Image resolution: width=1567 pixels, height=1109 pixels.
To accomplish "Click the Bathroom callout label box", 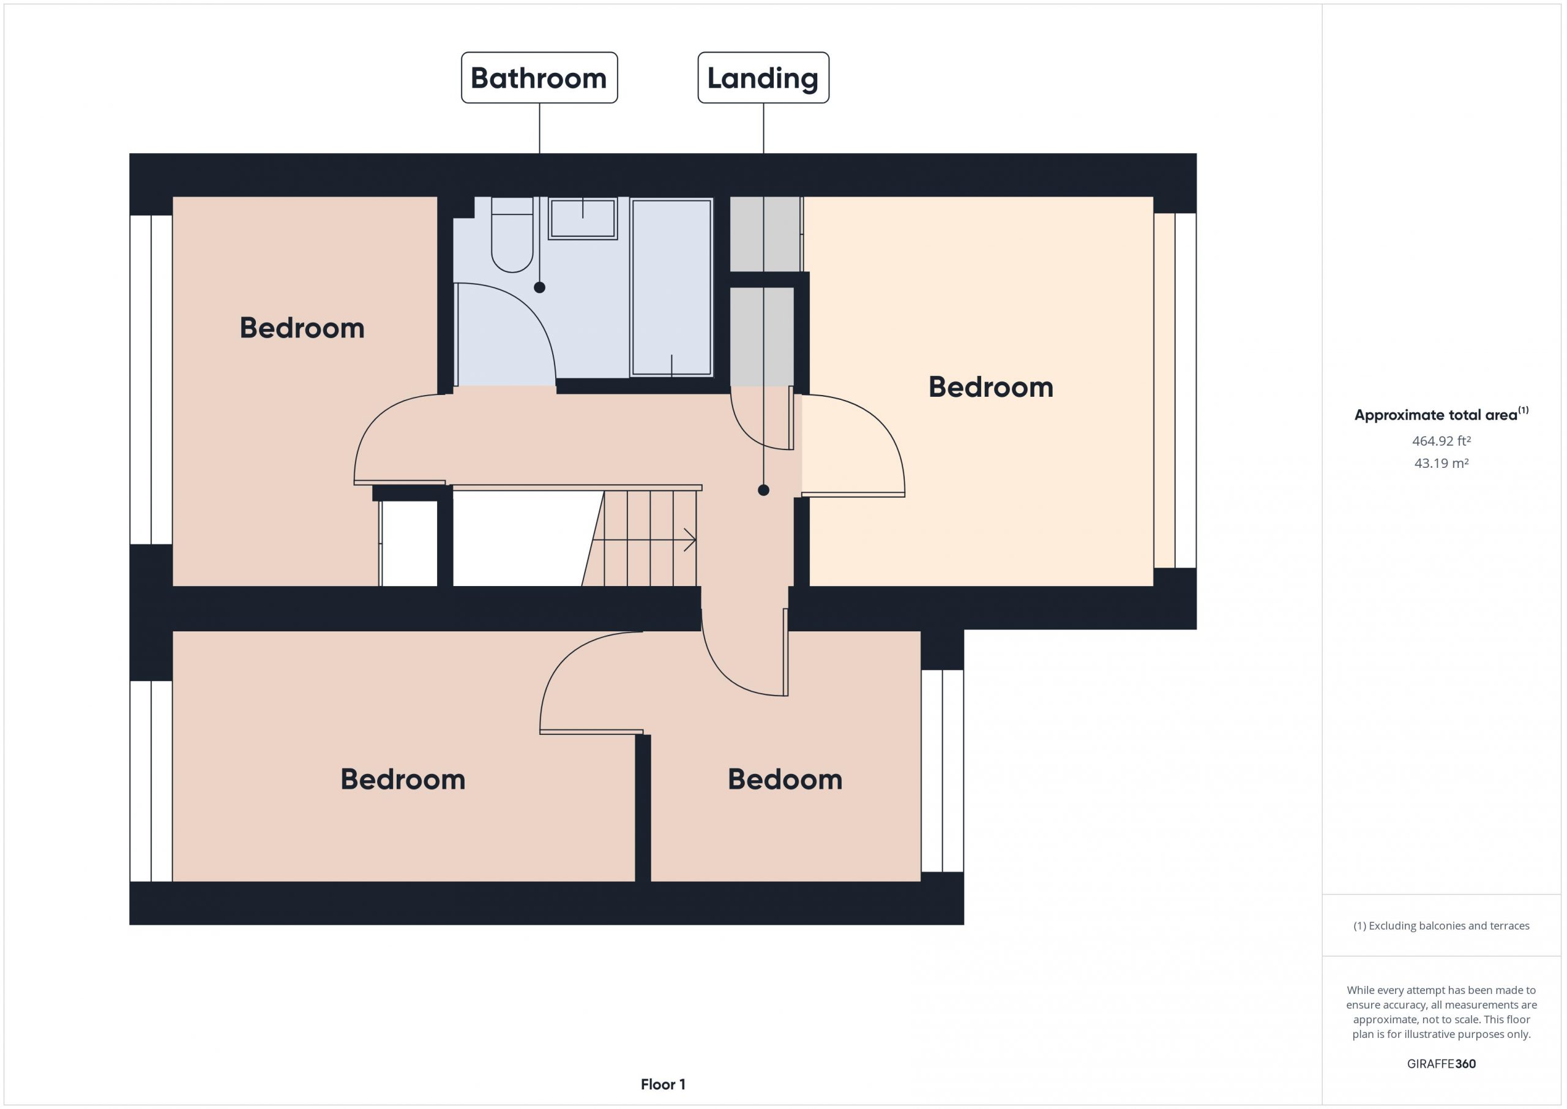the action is pos(539,78).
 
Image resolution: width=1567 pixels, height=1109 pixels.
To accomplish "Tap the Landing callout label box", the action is pos(763,78).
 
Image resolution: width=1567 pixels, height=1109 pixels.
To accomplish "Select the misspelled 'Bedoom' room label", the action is pos(785,779).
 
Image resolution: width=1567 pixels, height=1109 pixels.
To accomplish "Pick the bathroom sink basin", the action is pos(583,219).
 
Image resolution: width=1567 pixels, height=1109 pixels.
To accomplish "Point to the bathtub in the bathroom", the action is pos(671,287).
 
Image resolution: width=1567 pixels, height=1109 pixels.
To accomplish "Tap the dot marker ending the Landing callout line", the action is pos(764,490).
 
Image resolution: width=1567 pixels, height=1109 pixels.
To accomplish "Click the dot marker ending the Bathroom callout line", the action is pos(540,287).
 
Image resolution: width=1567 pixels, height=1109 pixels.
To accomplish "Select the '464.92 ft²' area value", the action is pos(1442,440).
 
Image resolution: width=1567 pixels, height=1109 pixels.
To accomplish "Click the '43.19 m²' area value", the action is pos(1442,463).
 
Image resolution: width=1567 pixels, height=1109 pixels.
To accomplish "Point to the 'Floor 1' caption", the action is pos(663,1084).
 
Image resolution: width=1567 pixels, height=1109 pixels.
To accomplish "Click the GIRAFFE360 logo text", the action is pos(1442,1063).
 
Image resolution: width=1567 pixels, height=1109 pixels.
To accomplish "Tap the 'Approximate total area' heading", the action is pos(1442,414).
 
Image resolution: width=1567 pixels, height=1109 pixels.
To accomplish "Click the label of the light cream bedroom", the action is pos(991,387).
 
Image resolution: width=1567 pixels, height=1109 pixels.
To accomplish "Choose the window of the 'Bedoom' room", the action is pos(943,771).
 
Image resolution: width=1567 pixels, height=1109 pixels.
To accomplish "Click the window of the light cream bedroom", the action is pos(1175,391).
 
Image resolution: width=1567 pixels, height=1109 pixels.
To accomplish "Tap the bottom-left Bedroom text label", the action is pos(403,779).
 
